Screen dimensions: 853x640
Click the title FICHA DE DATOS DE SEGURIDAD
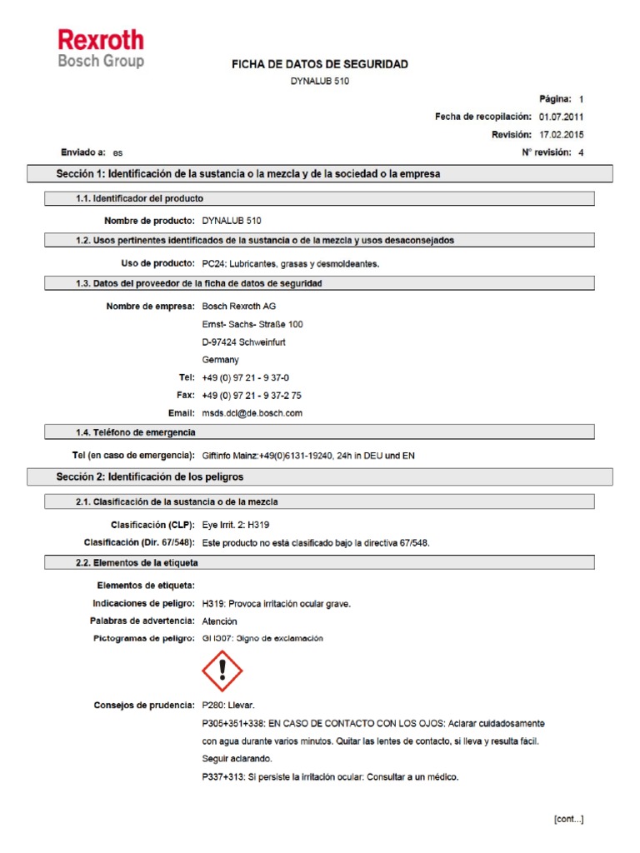tap(320, 64)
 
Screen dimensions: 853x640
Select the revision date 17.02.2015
tap(562, 134)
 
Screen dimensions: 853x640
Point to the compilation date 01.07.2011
tap(562, 117)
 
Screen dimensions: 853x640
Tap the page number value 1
tap(582, 98)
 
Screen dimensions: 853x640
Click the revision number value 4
tap(581, 152)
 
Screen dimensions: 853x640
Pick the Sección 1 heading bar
tap(321, 173)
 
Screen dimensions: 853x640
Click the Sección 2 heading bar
tap(321, 476)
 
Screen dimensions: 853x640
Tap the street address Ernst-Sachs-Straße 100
tap(252, 324)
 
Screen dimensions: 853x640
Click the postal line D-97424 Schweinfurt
tap(248, 342)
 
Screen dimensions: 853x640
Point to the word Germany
tap(221, 360)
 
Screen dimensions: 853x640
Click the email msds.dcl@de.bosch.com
tap(252, 412)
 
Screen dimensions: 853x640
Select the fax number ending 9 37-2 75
tap(252, 395)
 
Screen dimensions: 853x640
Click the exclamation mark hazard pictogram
tap(222, 671)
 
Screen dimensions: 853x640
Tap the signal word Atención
tap(219, 621)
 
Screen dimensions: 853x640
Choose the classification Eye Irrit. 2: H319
tap(236, 525)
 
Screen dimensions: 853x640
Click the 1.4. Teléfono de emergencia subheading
tap(135, 432)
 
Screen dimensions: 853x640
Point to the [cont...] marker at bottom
tap(568, 819)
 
